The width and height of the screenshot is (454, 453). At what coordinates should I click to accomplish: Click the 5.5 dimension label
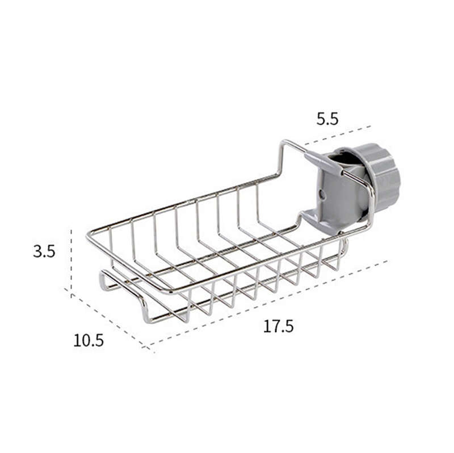(327, 119)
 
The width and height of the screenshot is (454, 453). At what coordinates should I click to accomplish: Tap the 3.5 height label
(44, 251)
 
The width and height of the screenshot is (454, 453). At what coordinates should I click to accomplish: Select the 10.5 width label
(89, 341)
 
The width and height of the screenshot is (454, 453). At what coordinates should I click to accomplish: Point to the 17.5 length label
(278, 326)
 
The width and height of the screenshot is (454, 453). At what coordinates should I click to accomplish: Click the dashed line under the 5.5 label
(338, 135)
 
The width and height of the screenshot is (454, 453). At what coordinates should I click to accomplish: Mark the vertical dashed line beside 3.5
(72, 263)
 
